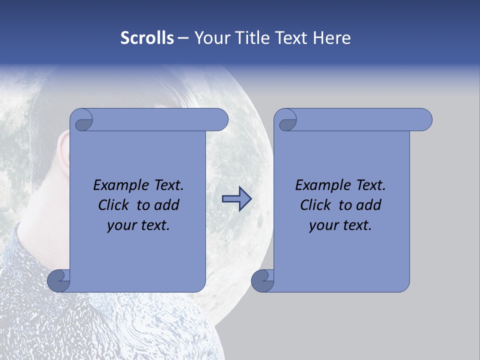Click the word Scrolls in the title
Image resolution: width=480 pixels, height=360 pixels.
(147, 38)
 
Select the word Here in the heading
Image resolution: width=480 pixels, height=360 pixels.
(331, 38)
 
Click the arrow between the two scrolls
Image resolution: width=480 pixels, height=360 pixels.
(236, 199)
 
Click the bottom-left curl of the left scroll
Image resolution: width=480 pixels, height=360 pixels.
(58, 280)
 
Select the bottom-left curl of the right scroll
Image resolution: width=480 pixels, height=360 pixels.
(262, 280)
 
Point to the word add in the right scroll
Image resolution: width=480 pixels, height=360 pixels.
(369, 205)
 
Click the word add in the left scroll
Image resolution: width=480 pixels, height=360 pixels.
(167, 205)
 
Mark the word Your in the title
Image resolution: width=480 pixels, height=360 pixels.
(210, 38)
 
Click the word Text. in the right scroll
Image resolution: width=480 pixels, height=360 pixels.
(370, 185)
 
